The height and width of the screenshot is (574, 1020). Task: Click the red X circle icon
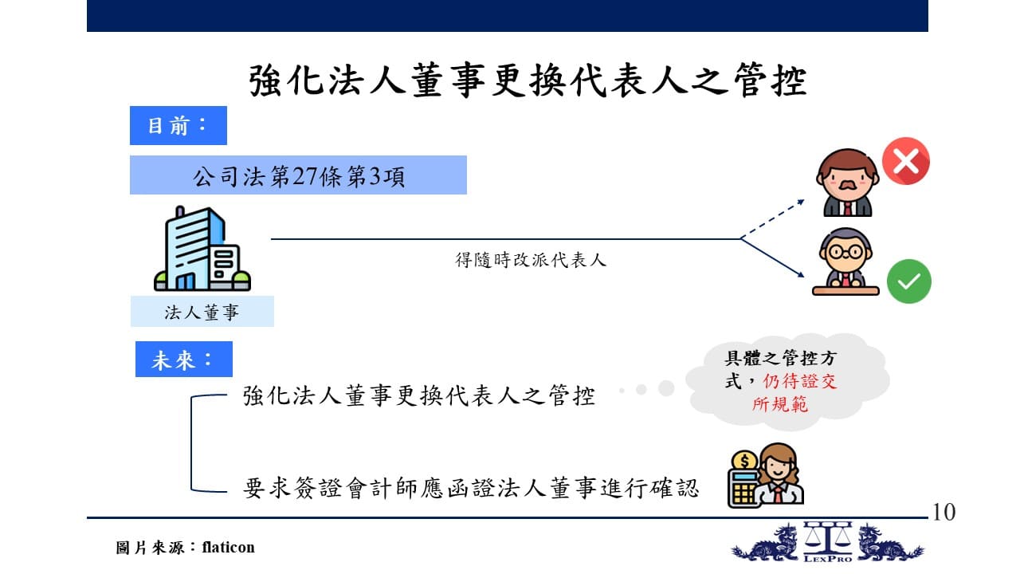906,161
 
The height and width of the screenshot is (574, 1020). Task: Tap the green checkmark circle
909,281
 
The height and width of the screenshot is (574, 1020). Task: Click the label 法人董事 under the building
202,312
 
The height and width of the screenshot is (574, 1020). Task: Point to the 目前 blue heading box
178,125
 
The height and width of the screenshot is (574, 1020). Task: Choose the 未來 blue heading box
183,359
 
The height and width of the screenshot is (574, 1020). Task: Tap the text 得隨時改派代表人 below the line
531,260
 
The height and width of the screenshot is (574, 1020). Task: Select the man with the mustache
847,183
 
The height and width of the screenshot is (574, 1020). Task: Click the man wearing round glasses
845,261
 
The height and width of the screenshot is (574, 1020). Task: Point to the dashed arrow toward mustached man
772,219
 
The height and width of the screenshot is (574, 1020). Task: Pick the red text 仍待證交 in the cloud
800,381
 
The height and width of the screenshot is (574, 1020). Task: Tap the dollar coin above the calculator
744,461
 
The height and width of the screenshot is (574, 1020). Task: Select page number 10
944,512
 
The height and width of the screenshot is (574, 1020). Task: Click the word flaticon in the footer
228,547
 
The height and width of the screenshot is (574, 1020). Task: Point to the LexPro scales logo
827,541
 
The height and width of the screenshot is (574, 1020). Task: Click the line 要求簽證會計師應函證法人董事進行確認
470,488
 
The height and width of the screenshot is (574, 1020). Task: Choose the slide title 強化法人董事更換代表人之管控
528,81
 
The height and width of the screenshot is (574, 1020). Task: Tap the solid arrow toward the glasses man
772,258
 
